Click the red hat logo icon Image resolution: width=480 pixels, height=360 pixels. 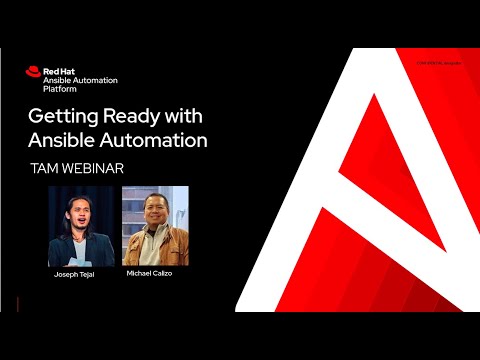[34, 72]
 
